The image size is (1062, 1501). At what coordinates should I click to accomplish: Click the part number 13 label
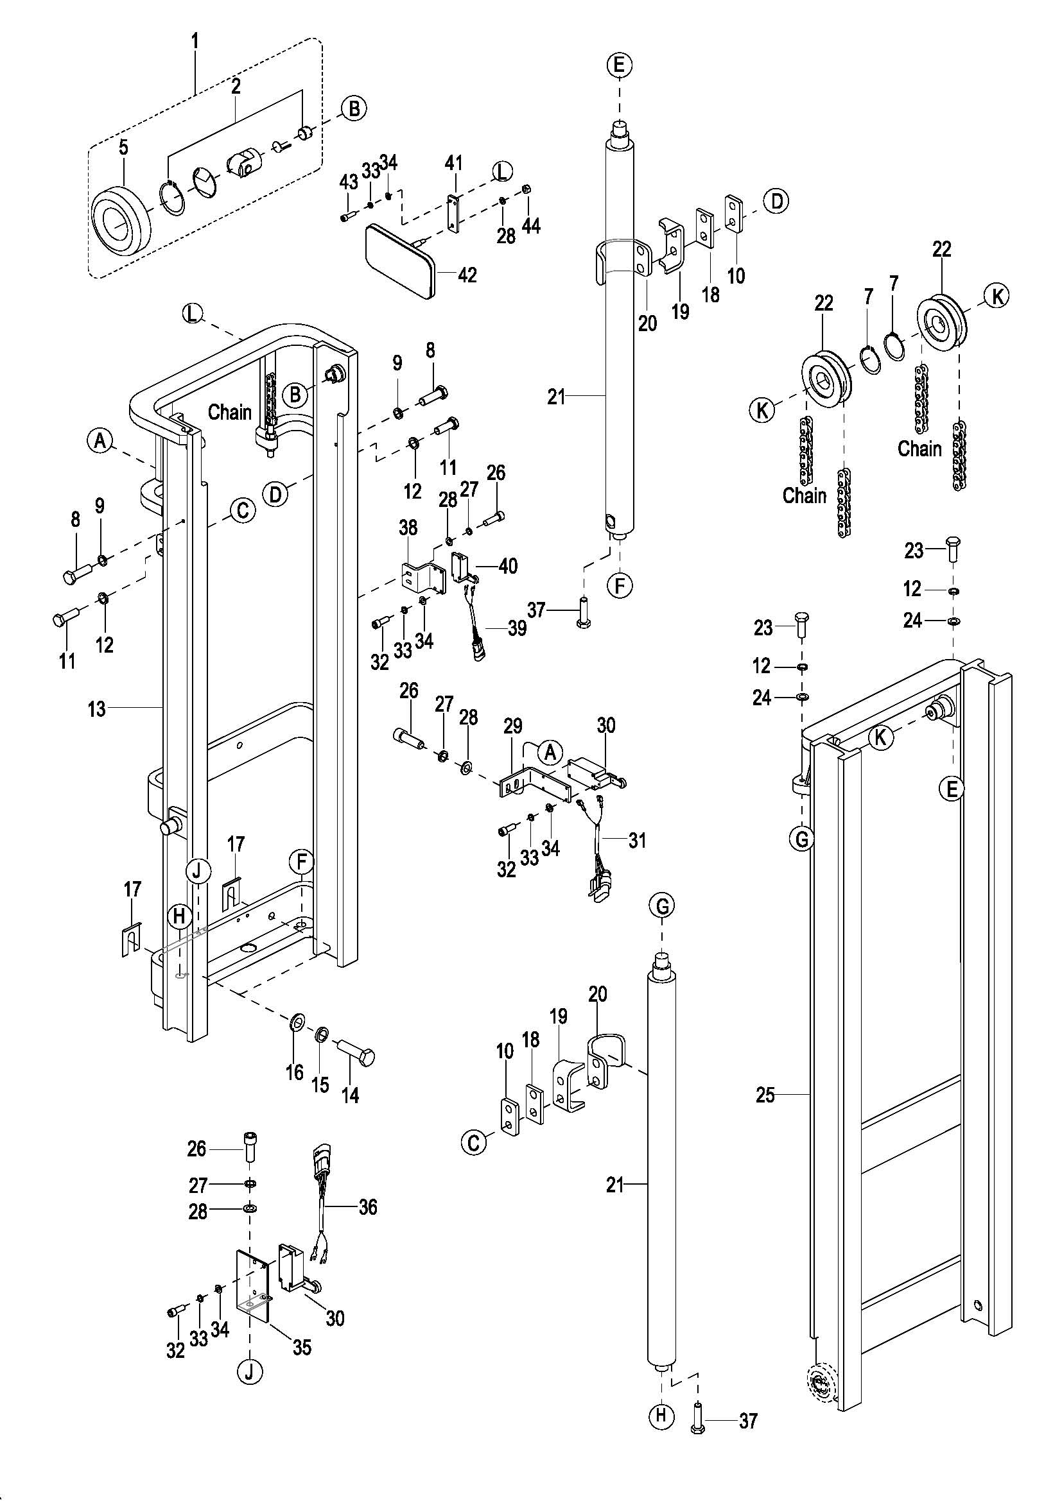pos(97,708)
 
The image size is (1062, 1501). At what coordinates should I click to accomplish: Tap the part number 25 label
pos(765,1095)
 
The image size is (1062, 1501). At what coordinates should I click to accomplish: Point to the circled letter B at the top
pos(354,108)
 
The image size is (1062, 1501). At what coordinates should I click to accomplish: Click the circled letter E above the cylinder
pos(618,65)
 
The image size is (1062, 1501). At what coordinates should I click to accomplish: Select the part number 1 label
pos(195,40)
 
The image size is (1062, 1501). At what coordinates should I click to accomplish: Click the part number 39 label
pos(517,629)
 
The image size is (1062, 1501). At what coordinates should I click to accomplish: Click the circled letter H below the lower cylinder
pos(661,1416)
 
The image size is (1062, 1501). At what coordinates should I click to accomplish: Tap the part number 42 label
pos(467,275)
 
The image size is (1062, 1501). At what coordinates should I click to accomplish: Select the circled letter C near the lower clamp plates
pos(473,1143)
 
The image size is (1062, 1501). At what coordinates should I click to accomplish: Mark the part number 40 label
pos(507,565)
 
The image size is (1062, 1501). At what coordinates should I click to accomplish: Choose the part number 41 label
pos(454,162)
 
